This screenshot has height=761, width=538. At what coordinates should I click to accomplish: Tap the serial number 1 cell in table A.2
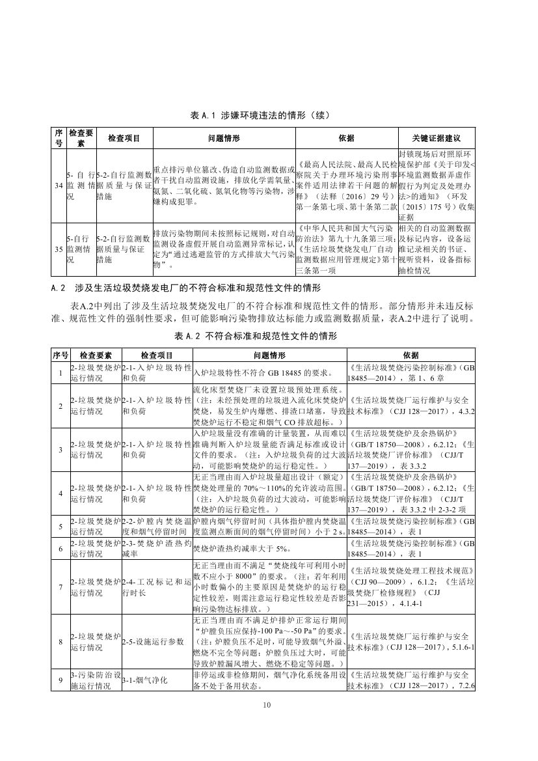coord(60,372)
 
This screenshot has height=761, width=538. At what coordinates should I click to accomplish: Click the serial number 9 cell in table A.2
coord(60,680)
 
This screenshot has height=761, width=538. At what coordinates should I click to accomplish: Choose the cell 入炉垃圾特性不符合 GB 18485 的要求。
coord(263,373)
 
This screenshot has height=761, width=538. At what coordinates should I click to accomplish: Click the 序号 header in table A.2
coord(60,355)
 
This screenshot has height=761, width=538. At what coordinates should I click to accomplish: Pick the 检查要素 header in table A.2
coord(95,355)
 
